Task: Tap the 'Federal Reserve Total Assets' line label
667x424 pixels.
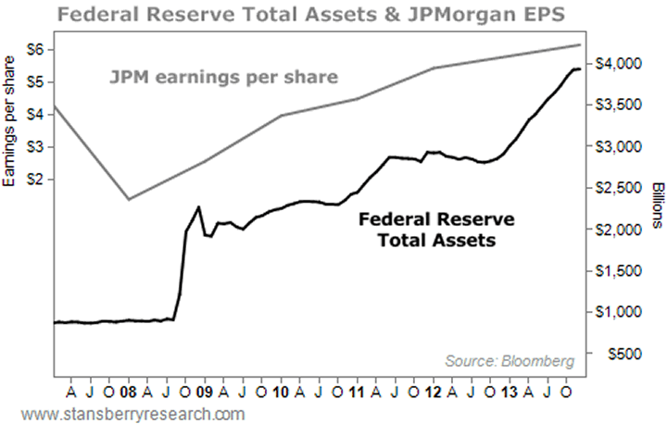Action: (x=436, y=231)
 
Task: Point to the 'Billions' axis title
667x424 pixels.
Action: (x=655, y=204)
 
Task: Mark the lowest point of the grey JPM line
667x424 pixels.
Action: (x=129, y=199)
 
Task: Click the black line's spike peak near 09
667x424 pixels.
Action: (x=198, y=207)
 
